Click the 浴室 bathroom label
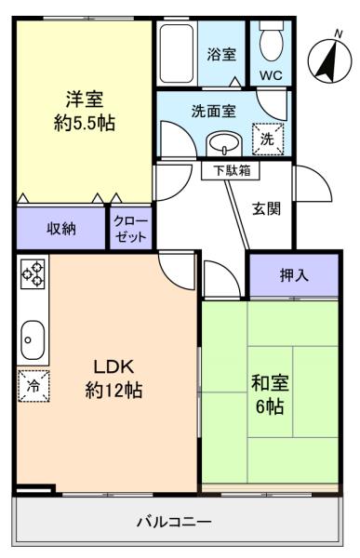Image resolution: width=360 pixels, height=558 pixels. (x=220, y=54)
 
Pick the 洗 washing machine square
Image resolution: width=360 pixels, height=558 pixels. (x=266, y=138)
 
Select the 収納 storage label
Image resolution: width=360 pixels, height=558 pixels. (x=61, y=229)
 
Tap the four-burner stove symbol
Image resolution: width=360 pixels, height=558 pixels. (x=33, y=273)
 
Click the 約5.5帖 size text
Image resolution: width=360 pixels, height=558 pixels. (x=83, y=121)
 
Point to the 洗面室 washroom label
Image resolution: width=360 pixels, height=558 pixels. (x=214, y=110)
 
